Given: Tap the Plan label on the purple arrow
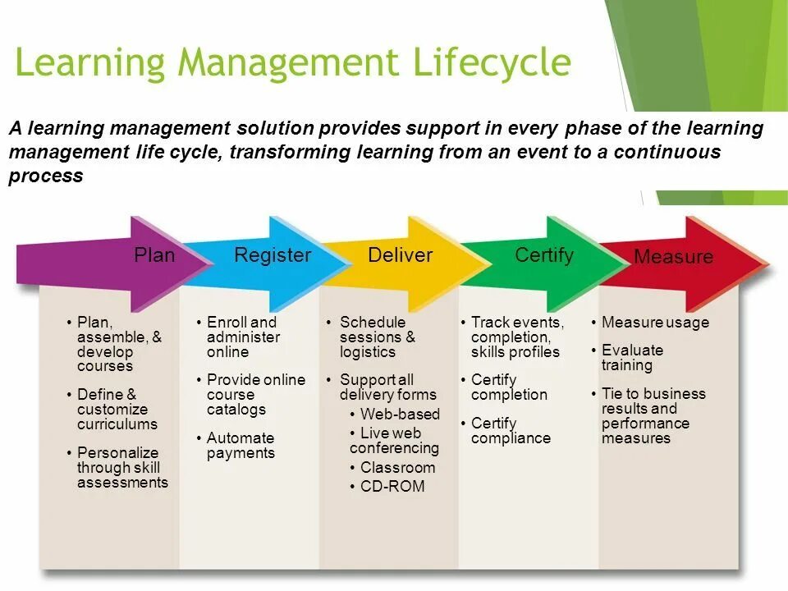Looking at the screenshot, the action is (x=154, y=255).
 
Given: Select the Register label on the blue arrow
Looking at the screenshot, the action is (x=273, y=255).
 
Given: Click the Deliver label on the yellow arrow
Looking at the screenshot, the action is (x=400, y=255).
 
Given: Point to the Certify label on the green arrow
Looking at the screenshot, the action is (x=543, y=255).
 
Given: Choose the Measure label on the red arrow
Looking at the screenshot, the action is (x=673, y=257).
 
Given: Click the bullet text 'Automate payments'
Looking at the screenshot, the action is (x=241, y=446).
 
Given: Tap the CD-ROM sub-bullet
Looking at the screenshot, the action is (x=392, y=487).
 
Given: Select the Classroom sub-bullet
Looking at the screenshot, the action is (x=397, y=468).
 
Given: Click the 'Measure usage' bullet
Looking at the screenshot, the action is (x=654, y=323).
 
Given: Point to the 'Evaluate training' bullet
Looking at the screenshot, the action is (x=631, y=358).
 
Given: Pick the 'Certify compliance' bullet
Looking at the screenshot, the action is (x=510, y=431).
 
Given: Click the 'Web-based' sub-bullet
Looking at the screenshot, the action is (x=400, y=415).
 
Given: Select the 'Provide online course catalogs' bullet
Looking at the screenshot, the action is (x=255, y=395).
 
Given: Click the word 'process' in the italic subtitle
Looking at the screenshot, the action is (x=46, y=176).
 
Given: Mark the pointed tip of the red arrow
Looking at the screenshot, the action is (x=769, y=266).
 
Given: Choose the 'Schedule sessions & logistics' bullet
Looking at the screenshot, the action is (x=377, y=337).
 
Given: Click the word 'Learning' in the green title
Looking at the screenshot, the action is (x=91, y=62).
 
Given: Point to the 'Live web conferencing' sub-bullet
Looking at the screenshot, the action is (x=394, y=441).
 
